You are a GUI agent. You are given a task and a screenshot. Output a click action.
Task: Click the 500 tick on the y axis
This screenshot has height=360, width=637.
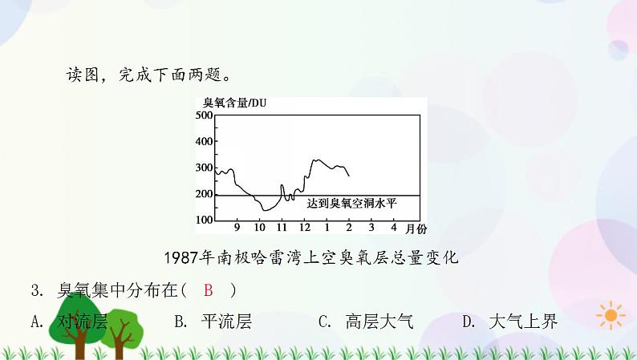[x=204, y=115]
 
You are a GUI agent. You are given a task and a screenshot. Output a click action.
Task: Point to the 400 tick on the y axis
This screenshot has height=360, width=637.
[x=204, y=142]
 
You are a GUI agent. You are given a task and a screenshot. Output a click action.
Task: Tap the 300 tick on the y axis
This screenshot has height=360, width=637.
[x=204, y=168]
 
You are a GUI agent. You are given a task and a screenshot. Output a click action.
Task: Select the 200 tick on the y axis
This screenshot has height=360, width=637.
[x=204, y=194]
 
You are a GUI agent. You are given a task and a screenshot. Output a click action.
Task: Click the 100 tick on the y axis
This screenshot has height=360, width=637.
[x=204, y=220]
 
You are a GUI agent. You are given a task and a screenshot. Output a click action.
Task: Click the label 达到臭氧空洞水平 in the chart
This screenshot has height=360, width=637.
[x=351, y=204]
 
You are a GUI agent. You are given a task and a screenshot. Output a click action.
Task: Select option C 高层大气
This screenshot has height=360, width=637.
[x=365, y=322]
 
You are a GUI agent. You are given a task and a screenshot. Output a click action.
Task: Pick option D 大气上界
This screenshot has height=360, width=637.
[x=509, y=322]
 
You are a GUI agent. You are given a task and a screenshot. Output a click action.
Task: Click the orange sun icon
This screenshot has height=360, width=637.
[x=612, y=315]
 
